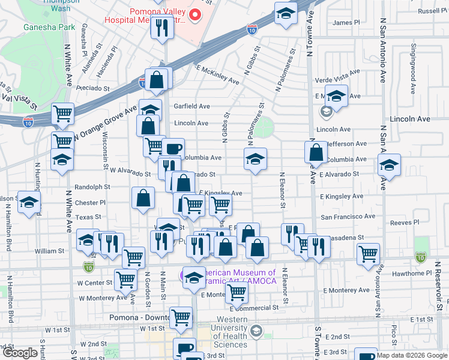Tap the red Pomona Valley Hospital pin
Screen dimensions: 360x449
pos(194,15)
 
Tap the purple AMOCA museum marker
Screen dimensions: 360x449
pos(183,275)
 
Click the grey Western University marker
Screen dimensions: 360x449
pos(256,331)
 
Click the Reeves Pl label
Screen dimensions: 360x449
pos(400,223)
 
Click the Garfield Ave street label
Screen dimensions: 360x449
pos(191,106)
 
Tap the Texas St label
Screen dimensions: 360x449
pos(88,217)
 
